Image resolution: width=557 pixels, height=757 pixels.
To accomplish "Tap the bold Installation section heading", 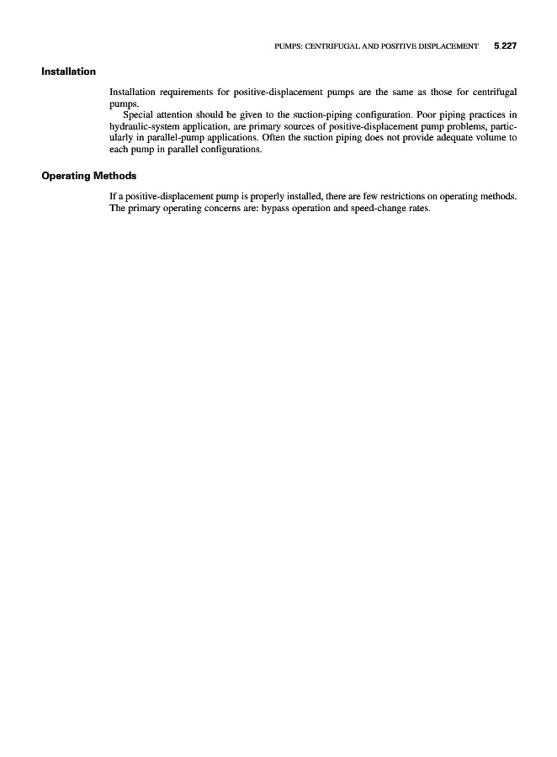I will tap(68, 71).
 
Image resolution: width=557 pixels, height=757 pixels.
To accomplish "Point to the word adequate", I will tap(447, 137).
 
